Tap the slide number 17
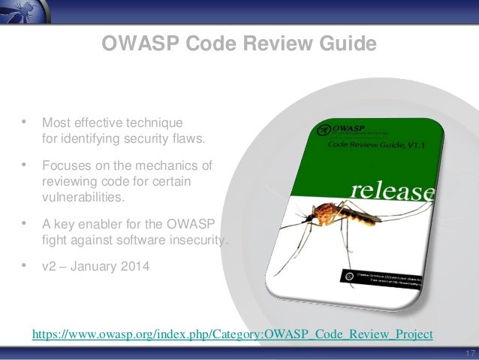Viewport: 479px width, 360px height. (471, 354)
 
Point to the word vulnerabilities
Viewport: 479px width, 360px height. (82, 197)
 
